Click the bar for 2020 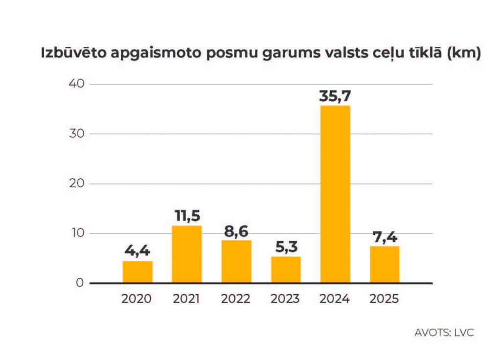click(x=137, y=272)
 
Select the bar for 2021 click(x=187, y=254)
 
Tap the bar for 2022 click(x=236, y=262)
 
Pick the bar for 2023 click(x=286, y=270)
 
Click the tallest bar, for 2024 click(x=335, y=194)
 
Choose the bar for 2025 click(x=385, y=265)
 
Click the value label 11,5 click(x=187, y=216)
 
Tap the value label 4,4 click(x=137, y=252)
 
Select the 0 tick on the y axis click(x=81, y=283)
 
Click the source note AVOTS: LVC click(x=444, y=333)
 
